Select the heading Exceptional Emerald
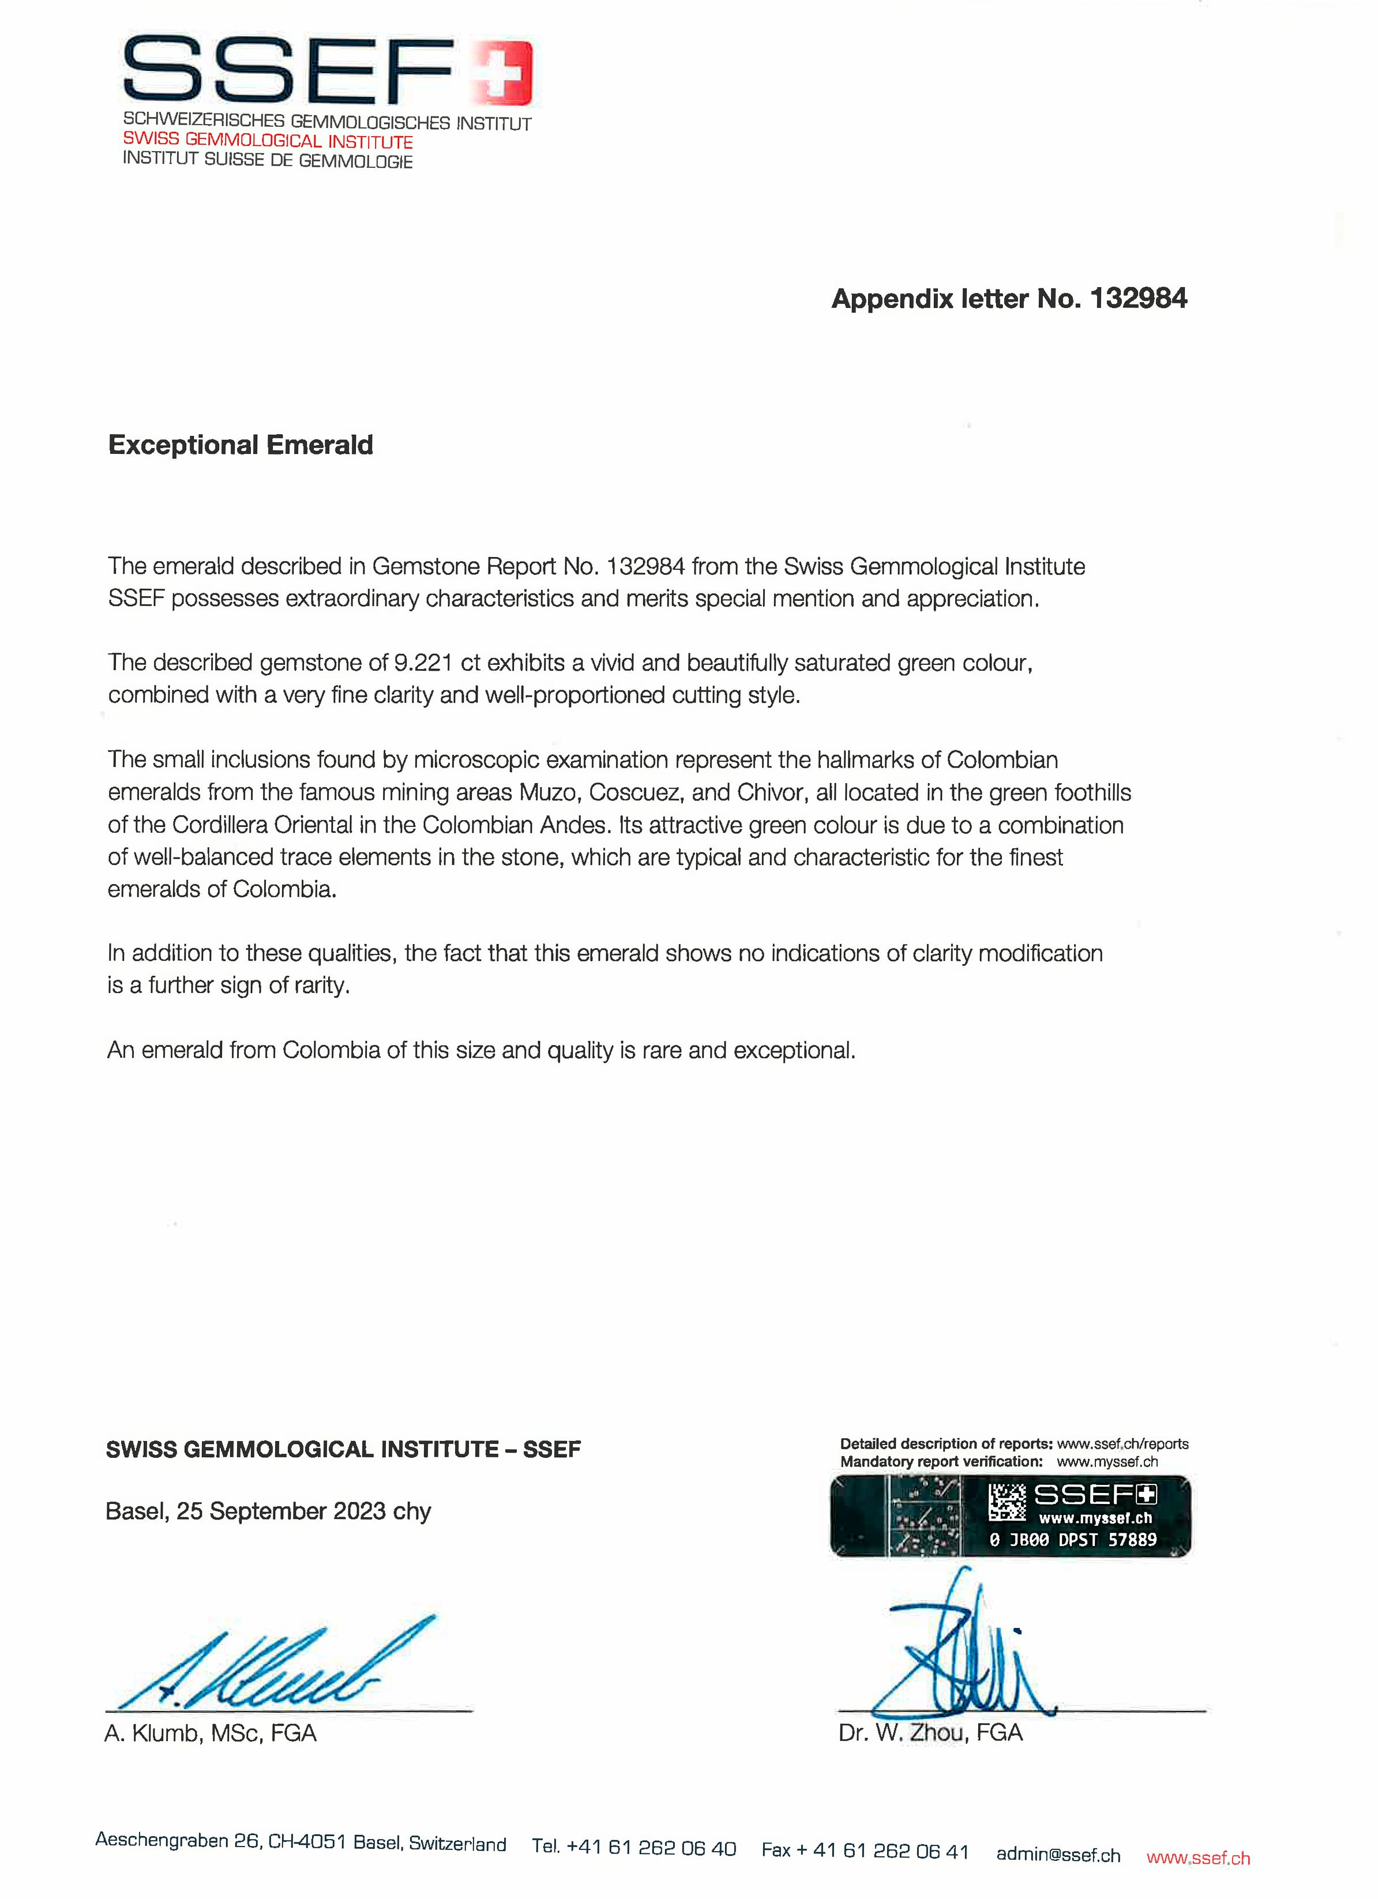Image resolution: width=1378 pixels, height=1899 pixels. point(241,445)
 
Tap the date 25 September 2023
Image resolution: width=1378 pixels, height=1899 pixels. point(281,1511)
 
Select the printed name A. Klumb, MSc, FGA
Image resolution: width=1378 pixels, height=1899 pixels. point(211,1733)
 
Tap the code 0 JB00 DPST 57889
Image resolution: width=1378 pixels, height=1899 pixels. point(1072,1540)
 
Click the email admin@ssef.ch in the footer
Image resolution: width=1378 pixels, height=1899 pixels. point(1058,1855)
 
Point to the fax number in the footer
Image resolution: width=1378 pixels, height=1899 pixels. point(865,1851)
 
